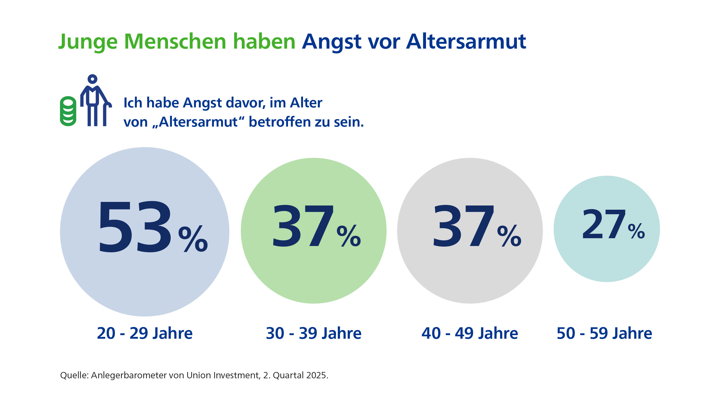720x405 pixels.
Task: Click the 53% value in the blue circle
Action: [135, 227]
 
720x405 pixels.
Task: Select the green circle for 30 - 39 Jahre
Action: [313, 270]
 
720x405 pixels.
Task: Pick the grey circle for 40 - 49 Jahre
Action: [470, 270]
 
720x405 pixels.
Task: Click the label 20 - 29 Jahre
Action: [145, 333]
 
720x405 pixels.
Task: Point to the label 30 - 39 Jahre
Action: [313, 333]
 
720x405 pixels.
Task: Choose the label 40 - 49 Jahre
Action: [470, 333]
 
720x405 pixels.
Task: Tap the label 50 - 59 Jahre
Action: [604, 333]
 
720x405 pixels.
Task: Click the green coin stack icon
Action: [68, 111]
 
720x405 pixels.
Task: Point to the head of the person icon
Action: [92, 79]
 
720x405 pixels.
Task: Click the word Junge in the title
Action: [88, 42]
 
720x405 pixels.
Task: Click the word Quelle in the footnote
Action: [74, 375]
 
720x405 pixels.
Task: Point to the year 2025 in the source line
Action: [317, 375]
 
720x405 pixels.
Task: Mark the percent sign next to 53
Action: [193, 239]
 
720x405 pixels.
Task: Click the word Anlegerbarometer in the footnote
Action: [129, 375]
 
